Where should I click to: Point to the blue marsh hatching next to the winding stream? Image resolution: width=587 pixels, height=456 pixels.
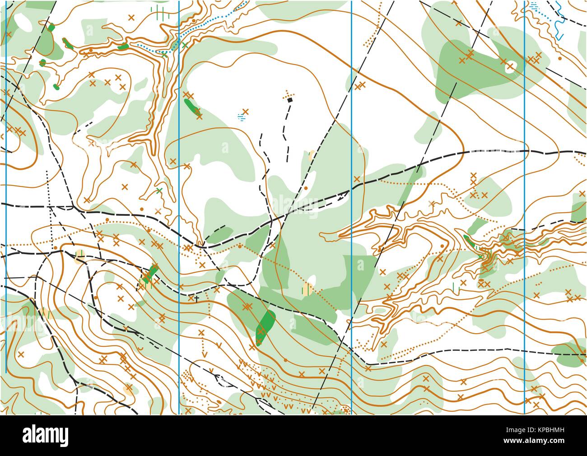click(535, 5)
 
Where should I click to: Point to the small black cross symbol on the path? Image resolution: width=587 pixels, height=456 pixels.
click(197, 298)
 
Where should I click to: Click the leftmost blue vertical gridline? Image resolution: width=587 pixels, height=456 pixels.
click(6, 181)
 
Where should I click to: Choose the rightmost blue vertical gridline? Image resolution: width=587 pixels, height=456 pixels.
click(524, 181)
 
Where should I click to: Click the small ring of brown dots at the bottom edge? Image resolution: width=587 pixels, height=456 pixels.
click(346, 409)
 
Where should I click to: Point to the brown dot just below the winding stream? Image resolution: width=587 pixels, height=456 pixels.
click(560, 58)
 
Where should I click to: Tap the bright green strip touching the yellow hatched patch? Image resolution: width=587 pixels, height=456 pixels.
click(150, 273)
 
